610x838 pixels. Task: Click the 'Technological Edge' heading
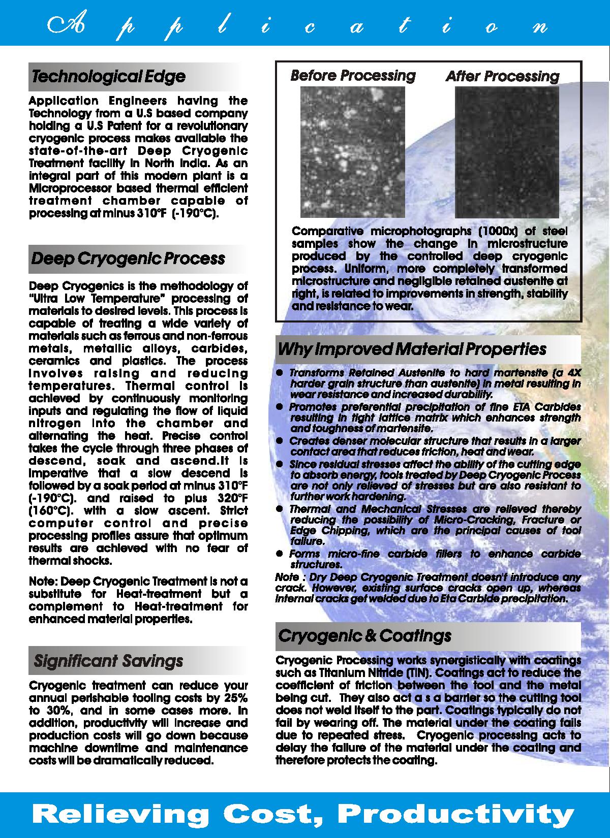click(x=108, y=77)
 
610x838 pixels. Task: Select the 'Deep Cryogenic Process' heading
click(x=128, y=259)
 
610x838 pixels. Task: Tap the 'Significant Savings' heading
click(x=108, y=661)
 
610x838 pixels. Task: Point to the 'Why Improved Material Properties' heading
click(x=412, y=349)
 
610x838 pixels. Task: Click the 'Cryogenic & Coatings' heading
click(x=364, y=636)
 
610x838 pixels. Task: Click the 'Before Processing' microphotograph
click(x=352, y=152)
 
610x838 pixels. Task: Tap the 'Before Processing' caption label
click(x=353, y=76)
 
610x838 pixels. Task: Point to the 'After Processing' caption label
click(x=502, y=77)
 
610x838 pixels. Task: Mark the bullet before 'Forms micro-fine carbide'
click(x=279, y=554)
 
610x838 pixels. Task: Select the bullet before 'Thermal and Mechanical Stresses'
click(x=279, y=509)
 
